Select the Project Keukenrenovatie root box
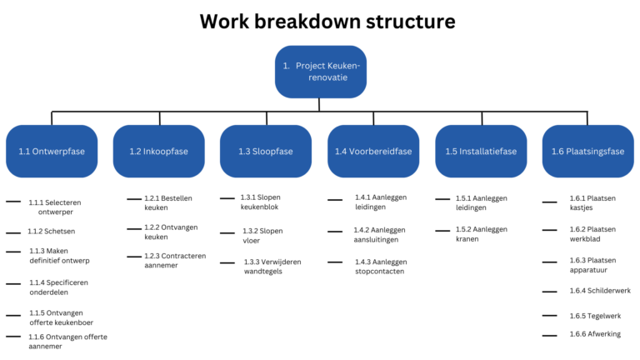320,71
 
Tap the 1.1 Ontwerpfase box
52,152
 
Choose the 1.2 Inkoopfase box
159,152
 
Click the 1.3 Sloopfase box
266,152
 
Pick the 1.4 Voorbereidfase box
373,152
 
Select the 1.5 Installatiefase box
481,152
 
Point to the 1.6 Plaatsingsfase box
587,152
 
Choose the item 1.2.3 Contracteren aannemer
175,261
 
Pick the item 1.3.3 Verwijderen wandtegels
272,267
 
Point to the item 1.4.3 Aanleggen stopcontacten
380,267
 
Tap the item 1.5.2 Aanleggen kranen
482,234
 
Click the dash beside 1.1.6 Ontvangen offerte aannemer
13,337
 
